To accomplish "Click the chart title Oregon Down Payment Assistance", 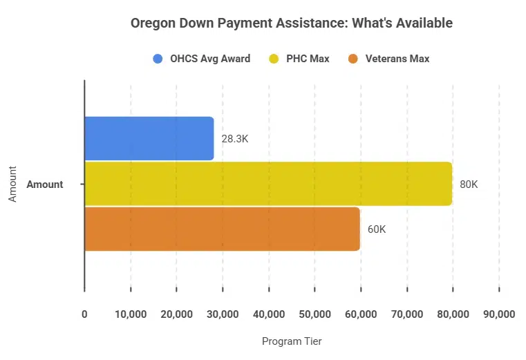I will [291, 23].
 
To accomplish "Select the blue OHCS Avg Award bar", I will [149, 138].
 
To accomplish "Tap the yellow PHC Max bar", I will [268, 184].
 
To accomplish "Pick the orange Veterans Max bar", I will [222, 229].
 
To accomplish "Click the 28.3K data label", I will [234, 139].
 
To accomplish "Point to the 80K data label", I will [469, 184].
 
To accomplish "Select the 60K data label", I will [376, 229].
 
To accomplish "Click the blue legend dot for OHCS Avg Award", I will [158, 59].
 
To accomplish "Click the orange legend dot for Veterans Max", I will [353, 59].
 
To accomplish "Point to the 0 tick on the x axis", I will [84, 314].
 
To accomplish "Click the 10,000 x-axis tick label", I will [130, 314].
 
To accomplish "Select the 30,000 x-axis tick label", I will [223, 314].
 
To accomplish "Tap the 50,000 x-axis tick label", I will [314, 314].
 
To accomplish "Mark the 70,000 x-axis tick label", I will [406, 314].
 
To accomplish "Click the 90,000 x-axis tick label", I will [498, 314].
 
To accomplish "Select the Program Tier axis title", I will [291, 341].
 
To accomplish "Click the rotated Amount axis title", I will [12, 184].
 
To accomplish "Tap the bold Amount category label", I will [45, 184].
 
